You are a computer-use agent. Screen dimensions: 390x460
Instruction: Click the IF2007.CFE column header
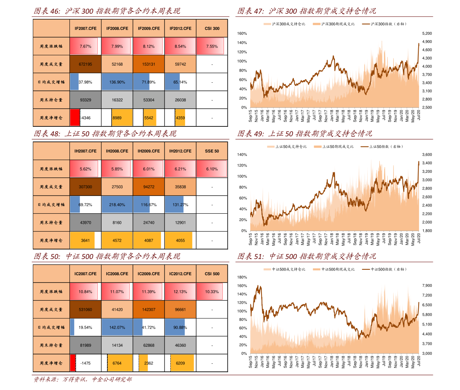pos(85,29)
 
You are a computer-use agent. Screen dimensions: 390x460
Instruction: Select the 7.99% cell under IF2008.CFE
pos(117,46)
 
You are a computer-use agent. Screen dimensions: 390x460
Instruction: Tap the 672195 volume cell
pos(85,64)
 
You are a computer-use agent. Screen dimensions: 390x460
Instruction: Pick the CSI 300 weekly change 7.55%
pos(212,46)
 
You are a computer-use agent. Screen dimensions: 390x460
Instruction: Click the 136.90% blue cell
pos(117,82)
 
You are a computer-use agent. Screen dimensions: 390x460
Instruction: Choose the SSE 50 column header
pos(212,151)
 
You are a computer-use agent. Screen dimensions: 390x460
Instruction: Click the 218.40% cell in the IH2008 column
pos(117,205)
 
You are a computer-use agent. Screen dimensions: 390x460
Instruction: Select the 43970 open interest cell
pos(85,223)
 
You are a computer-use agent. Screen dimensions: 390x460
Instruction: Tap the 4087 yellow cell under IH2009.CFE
pos(149,240)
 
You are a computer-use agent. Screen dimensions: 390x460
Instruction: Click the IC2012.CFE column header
pos(180,274)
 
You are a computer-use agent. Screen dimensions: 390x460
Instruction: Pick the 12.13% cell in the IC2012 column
pos(180,292)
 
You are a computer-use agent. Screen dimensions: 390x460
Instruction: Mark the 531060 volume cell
pos(85,310)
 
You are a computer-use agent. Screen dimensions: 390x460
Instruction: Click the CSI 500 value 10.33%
pos(212,292)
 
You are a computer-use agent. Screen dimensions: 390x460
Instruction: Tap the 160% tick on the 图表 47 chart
pos(242,34)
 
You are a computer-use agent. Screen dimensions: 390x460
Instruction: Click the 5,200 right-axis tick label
pos(427,34)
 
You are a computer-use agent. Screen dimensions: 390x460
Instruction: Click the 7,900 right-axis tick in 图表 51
pos(427,286)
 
